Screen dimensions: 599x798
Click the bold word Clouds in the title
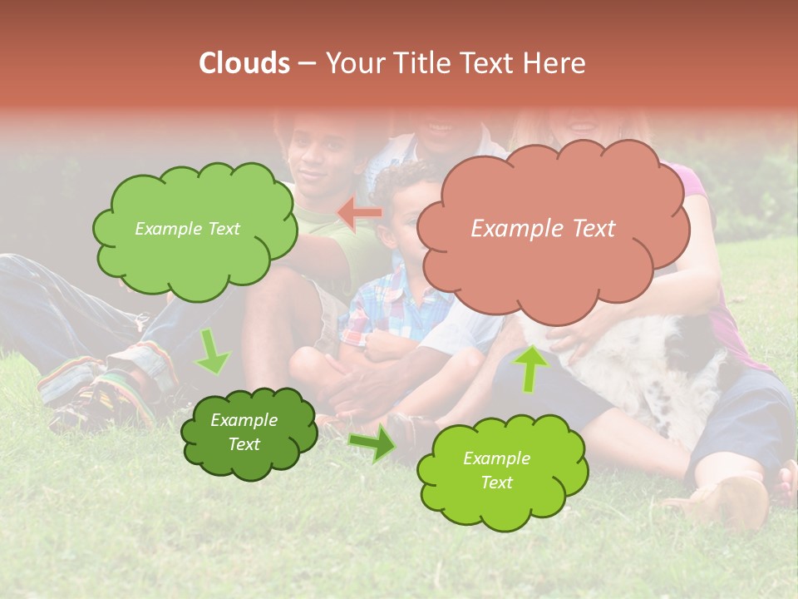244,63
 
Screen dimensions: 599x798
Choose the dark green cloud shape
249,433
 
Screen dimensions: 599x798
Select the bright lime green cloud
502,471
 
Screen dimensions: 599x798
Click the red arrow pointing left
359,213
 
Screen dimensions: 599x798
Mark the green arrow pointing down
212,353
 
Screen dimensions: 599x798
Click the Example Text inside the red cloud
543,229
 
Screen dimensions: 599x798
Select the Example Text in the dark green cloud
244,432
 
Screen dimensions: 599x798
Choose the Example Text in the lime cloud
496,470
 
